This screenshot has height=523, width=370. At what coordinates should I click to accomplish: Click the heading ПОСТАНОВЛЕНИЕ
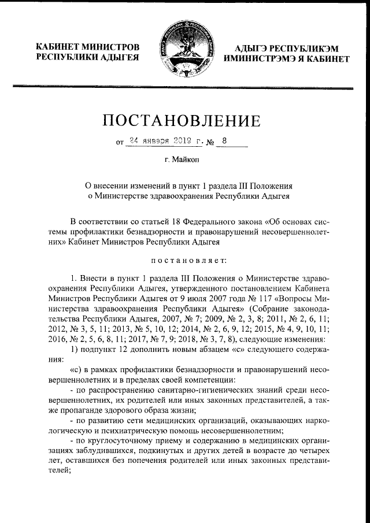click(186, 121)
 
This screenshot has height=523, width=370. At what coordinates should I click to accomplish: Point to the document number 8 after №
click(225, 140)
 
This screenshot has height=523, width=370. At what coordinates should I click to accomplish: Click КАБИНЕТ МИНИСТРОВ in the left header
click(87, 46)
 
